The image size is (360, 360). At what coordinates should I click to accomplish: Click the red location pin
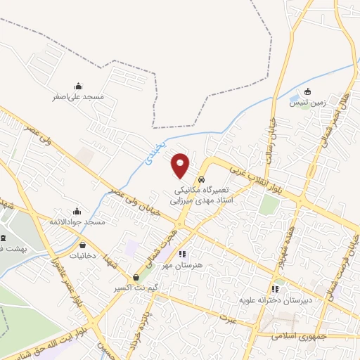181,165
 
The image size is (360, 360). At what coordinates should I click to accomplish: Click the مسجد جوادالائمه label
77,221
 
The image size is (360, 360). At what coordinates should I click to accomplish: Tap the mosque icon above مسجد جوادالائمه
77,211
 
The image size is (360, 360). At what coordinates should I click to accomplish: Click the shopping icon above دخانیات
84,245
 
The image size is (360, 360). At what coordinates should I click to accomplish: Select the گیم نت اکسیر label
134,288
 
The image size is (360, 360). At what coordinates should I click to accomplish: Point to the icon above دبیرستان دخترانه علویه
275,288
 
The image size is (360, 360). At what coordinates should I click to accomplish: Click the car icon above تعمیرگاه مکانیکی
201,179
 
